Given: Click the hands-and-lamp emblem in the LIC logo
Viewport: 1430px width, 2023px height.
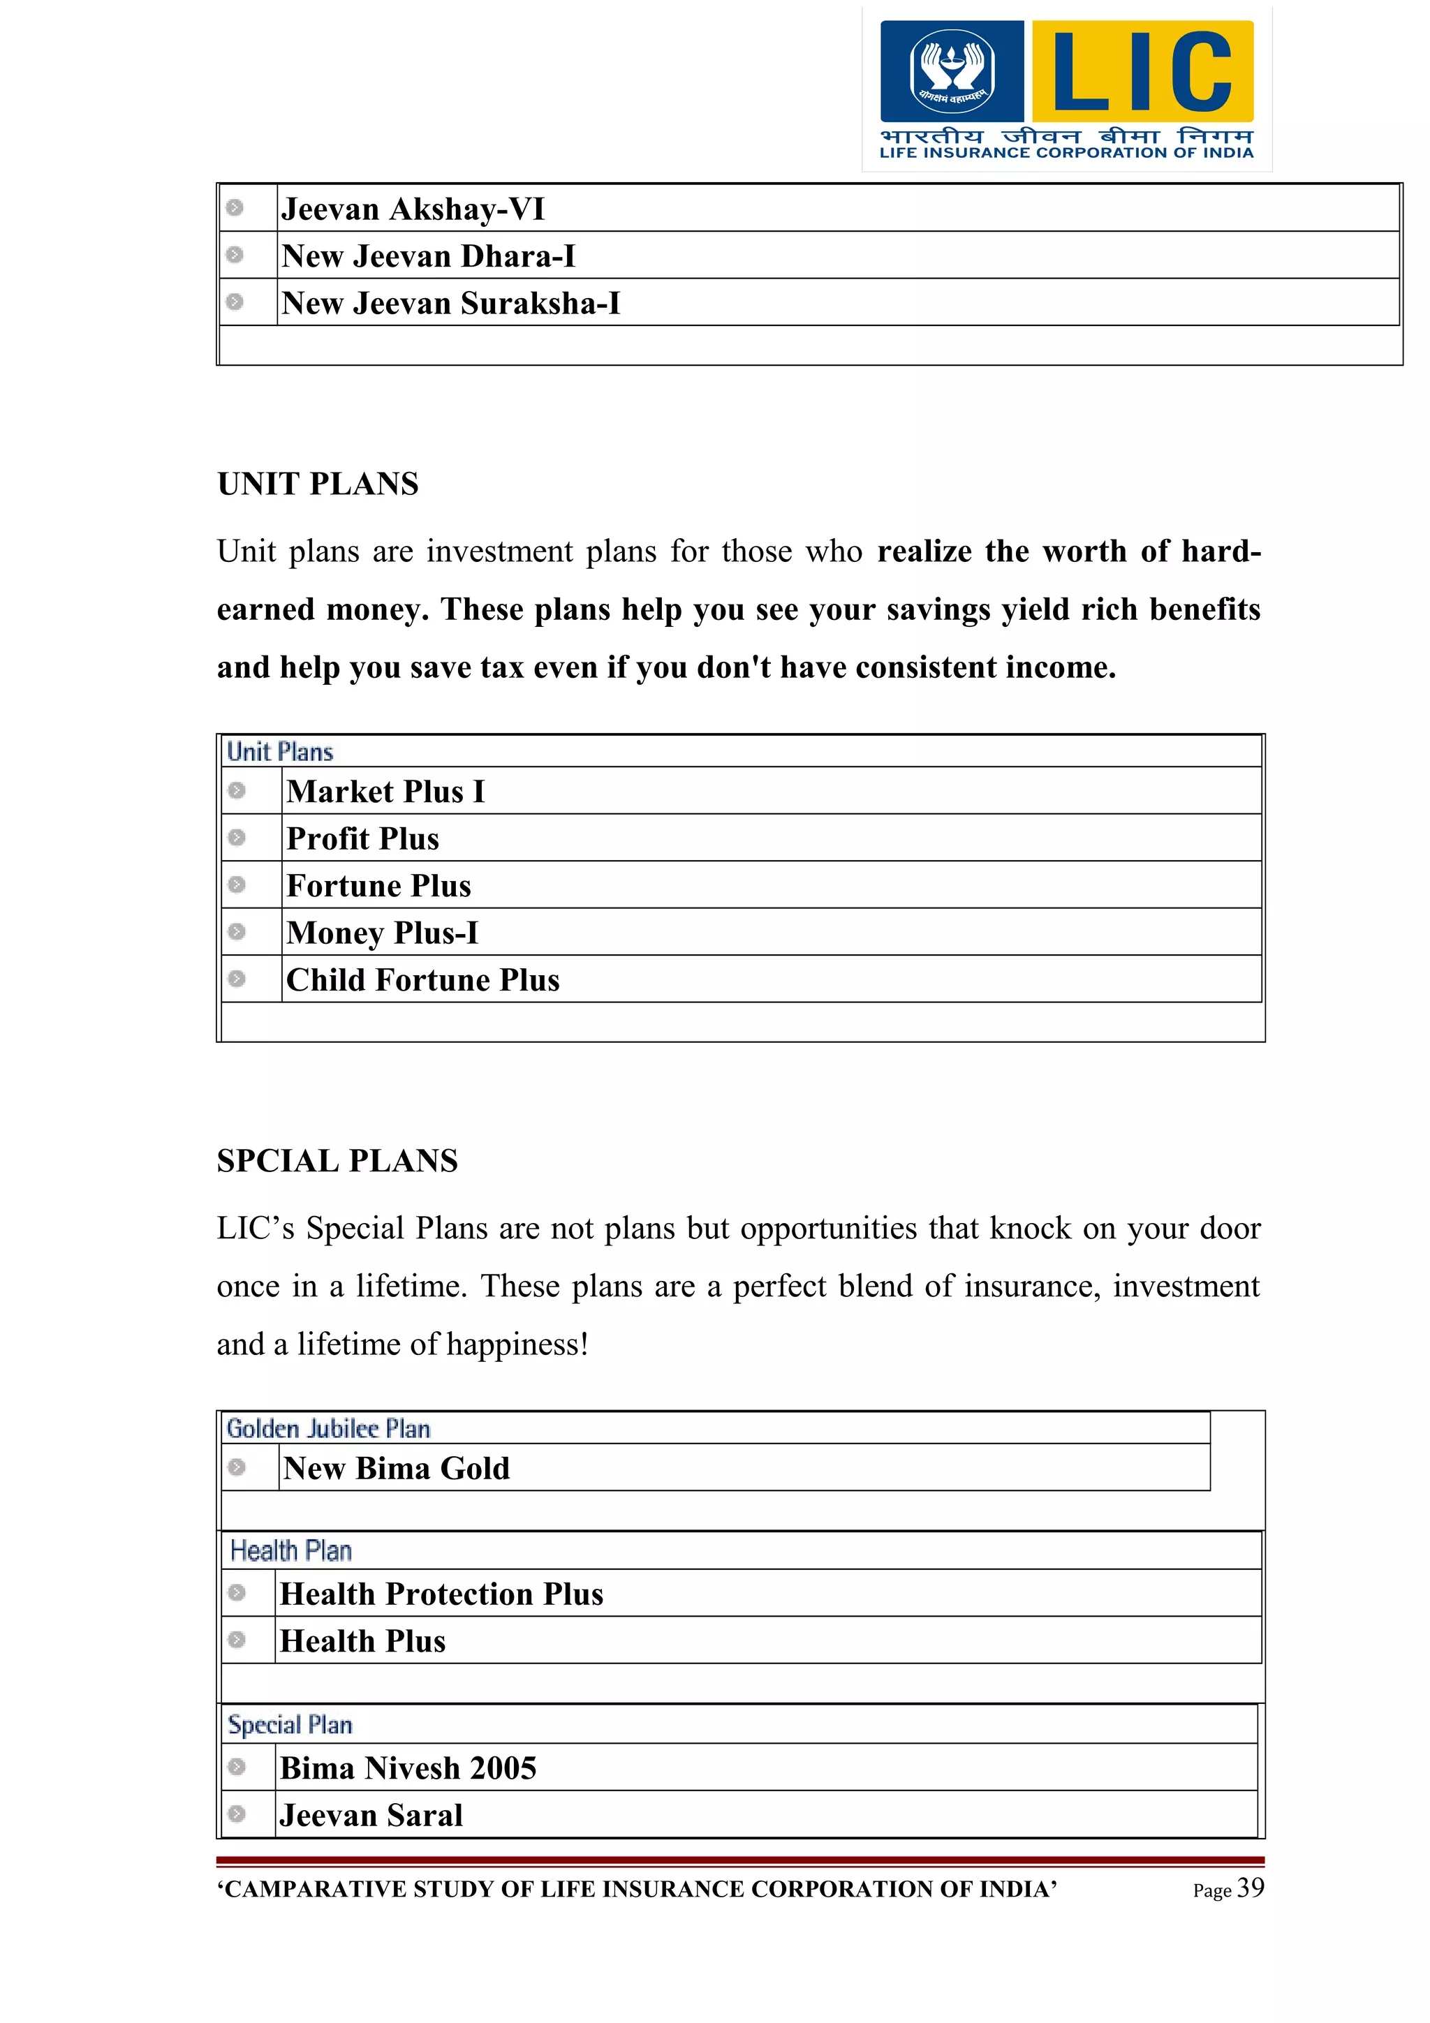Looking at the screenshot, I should pyautogui.click(x=952, y=71).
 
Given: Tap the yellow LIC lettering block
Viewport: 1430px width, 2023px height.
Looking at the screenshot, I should pyautogui.click(x=1142, y=71).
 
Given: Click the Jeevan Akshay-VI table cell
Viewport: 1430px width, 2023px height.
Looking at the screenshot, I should pyautogui.click(x=413, y=209).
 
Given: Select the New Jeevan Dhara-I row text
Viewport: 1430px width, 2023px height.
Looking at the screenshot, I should pyautogui.click(x=428, y=256).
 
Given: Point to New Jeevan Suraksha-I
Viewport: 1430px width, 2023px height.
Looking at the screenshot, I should pyautogui.click(x=450, y=303).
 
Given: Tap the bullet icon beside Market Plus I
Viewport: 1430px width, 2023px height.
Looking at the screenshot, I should pyautogui.click(x=236, y=790).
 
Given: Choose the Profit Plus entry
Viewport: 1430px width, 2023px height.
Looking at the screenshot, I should pyautogui.click(x=362, y=838).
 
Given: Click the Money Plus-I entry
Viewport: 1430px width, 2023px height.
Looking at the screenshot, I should pyautogui.click(x=383, y=932).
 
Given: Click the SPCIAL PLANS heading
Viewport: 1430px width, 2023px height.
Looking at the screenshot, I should pyautogui.click(x=337, y=1160).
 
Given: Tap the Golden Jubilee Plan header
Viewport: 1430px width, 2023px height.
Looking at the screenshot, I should pyautogui.click(x=327, y=1428).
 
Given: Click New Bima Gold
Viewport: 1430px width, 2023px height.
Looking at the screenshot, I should pyautogui.click(x=397, y=1468).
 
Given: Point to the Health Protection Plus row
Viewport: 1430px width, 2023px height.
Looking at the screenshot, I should pyautogui.click(x=441, y=1594).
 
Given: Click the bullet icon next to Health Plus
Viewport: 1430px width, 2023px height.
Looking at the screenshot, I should pyautogui.click(x=236, y=1640).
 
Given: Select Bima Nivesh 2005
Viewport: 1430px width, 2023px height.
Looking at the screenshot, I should pyautogui.click(x=408, y=1768).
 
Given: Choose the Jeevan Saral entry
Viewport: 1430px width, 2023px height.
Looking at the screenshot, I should pyautogui.click(x=371, y=1815).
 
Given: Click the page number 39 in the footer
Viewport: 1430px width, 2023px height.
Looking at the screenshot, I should pyautogui.click(x=1251, y=1888).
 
